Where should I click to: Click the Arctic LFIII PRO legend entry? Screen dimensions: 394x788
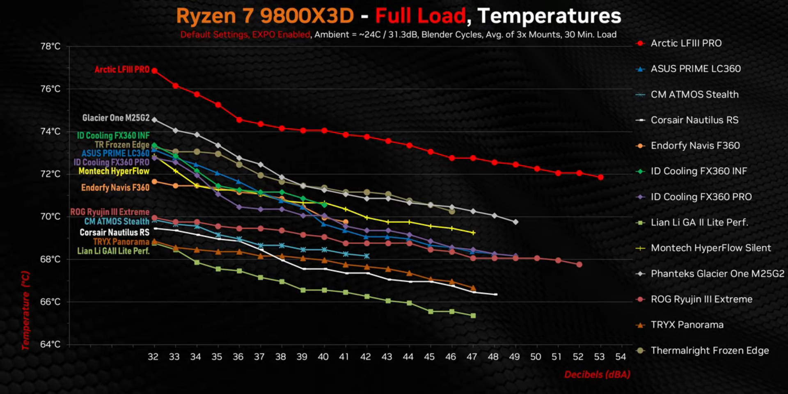[686, 43]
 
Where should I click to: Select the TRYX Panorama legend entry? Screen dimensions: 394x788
[687, 325]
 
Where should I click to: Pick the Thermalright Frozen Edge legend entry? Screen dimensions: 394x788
[710, 350]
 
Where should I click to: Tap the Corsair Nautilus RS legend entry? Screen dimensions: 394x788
[694, 120]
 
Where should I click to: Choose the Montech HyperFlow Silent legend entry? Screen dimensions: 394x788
[711, 248]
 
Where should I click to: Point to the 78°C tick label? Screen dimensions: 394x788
[50, 46]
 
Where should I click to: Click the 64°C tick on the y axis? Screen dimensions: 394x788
[50, 344]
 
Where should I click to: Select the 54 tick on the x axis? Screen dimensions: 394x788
[621, 357]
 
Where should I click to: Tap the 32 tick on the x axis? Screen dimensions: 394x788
[153, 357]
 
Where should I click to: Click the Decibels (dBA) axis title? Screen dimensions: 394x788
[597, 374]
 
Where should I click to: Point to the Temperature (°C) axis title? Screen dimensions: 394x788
[25, 310]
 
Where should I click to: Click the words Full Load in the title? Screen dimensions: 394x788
[420, 16]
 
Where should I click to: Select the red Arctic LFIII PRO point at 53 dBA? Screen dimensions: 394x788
[600, 177]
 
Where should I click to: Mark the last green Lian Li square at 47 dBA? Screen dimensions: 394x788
[473, 316]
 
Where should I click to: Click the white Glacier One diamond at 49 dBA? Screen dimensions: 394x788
[515, 222]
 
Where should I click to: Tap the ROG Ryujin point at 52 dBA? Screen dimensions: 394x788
[579, 264]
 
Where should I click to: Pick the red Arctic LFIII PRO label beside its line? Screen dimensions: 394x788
[122, 70]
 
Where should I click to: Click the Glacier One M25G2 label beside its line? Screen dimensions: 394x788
[116, 118]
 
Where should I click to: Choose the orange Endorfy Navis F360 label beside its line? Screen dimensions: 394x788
[115, 188]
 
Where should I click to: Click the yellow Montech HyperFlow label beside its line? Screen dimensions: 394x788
[114, 171]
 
